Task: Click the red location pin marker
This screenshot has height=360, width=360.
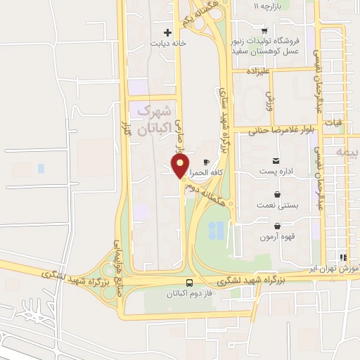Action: click(x=180, y=167)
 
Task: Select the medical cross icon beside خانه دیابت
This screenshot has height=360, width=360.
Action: click(x=167, y=32)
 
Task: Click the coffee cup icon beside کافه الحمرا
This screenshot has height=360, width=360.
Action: click(x=206, y=162)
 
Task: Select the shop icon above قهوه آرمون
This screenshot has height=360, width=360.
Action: click(x=279, y=226)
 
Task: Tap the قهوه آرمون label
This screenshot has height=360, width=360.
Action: click(x=279, y=237)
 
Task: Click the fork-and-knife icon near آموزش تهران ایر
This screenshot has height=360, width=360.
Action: click(x=343, y=257)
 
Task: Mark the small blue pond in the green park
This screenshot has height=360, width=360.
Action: click(x=218, y=229)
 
